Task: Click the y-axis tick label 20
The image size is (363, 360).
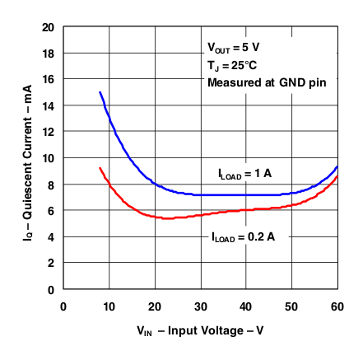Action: pyautogui.click(x=49, y=27)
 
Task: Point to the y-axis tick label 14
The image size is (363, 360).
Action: pyautogui.click(x=49, y=105)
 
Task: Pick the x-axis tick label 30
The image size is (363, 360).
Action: pyautogui.click(x=200, y=306)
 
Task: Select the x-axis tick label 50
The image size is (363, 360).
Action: pyautogui.click(x=291, y=306)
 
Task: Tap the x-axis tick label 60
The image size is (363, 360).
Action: pyautogui.click(x=337, y=306)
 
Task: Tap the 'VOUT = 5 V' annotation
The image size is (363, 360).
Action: pyautogui.click(x=235, y=48)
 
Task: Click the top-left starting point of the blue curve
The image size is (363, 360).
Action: pyautogui.click(x=100, y=92)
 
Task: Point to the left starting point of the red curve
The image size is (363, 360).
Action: pyautogui.click(x=100, y=168)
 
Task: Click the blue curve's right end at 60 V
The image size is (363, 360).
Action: pyautogui.click(x=337, y=167)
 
